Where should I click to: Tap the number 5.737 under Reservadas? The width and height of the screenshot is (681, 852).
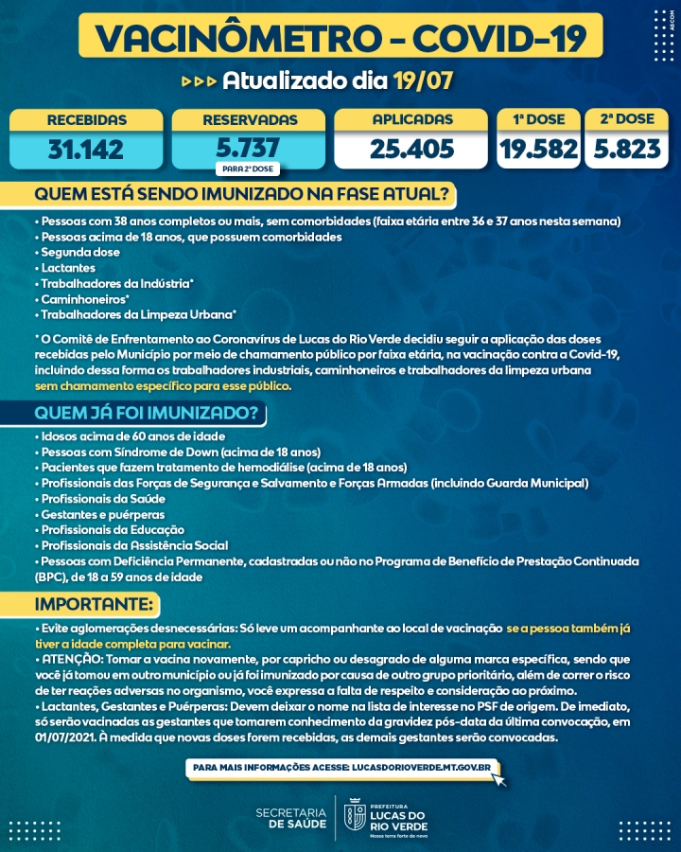248,148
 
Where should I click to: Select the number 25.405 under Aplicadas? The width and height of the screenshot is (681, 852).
412,149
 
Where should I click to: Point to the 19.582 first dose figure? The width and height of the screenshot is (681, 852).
539,149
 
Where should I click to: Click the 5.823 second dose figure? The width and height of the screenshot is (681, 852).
626,149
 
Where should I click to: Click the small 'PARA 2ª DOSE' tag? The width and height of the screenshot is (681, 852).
248,169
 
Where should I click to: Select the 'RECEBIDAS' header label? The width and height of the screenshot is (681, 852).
86,120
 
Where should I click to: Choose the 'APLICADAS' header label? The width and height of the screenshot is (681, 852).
412,120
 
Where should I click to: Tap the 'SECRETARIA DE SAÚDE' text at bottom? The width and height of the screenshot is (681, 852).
291,817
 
